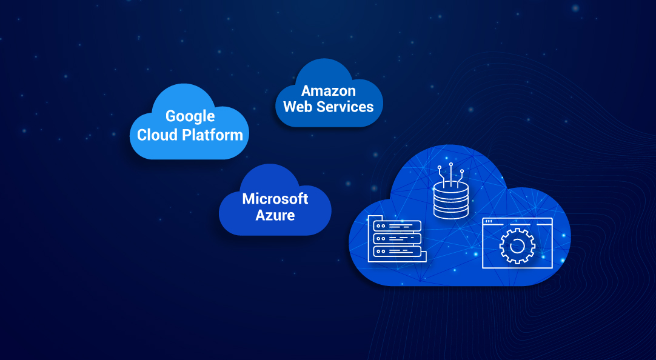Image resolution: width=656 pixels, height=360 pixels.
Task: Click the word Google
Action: (190, 116)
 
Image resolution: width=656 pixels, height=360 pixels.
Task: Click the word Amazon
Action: (329, 91)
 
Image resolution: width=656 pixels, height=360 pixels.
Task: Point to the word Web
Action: (297, 107)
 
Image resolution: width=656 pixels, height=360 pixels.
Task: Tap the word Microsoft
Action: (275, 199)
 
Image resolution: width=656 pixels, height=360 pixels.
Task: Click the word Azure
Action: (275, 215)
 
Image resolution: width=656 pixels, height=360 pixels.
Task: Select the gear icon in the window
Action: (517, 245)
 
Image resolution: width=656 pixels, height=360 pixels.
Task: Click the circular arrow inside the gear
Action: (517, 245)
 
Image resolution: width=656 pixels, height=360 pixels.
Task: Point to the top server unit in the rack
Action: (397, 226)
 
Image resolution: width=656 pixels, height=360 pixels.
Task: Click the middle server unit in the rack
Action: (397, 238)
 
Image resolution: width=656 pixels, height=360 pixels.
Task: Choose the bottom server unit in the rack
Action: (397, 250)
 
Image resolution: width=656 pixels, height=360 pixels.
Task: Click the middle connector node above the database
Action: (451, 164)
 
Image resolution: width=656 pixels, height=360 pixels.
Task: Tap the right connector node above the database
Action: (462, 172)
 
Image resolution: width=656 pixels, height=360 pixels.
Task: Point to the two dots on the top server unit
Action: (381, 226)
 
